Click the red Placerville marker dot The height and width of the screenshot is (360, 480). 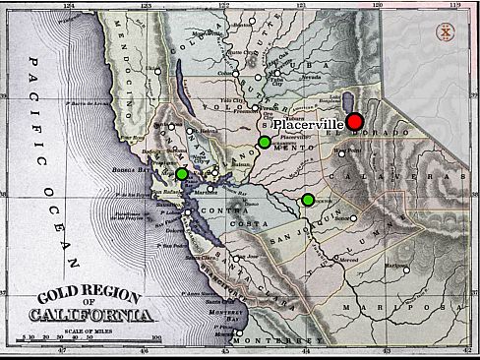point(355,121)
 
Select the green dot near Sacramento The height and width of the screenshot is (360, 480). point(264,143)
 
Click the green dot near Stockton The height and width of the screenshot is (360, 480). point(308,200)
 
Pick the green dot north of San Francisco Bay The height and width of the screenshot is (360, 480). point(181,174)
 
